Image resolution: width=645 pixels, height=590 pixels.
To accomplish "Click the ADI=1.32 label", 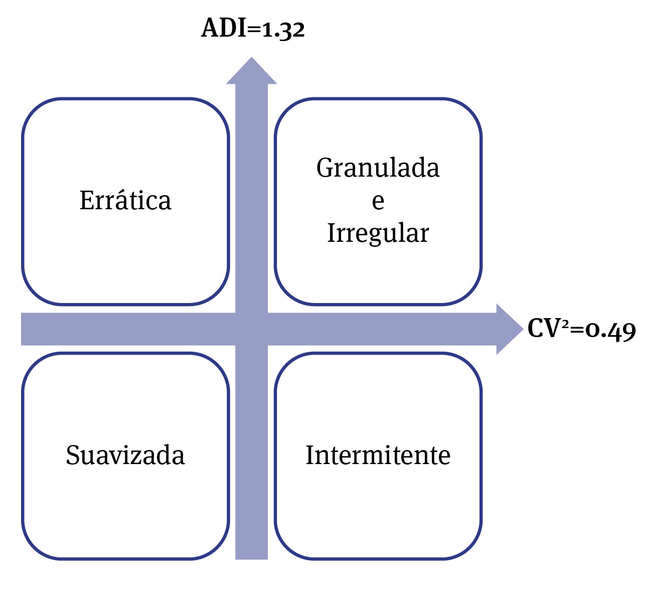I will pyautogui.click(x=253, y=29).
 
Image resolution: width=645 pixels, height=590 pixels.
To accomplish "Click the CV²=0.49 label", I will pyautogui.click(x=581, y=330).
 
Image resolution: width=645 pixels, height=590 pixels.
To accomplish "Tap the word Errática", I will pyautogui.click(x=125, y=200).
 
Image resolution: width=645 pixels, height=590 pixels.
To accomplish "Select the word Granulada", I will pyautogui.click(x=378, y=168).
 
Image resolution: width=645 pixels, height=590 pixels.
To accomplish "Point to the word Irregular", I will pyautogui.click(x=378, y=233).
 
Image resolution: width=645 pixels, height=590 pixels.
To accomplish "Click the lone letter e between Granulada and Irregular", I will pyautogui.click(x=378, y=201).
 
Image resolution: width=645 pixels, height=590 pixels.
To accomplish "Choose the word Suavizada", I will pyautogui.click(x=125, y=455).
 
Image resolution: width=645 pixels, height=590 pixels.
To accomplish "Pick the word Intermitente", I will pyautogui.click(x=378, y=455).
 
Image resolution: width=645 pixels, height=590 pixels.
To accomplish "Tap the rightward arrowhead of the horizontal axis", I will pyautogui.click(x=509, y=329).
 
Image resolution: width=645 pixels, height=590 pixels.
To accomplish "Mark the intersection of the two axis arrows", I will pyautogui.click(x=251, y=329).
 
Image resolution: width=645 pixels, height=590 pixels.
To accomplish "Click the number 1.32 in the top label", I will pyautogui.click(x=283, y=30).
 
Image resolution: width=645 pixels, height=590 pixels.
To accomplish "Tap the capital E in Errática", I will pyautogui.click(x=86, y=200).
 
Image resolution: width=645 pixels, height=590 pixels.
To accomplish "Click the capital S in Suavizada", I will pyautogui.click(x=73, y=455).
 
